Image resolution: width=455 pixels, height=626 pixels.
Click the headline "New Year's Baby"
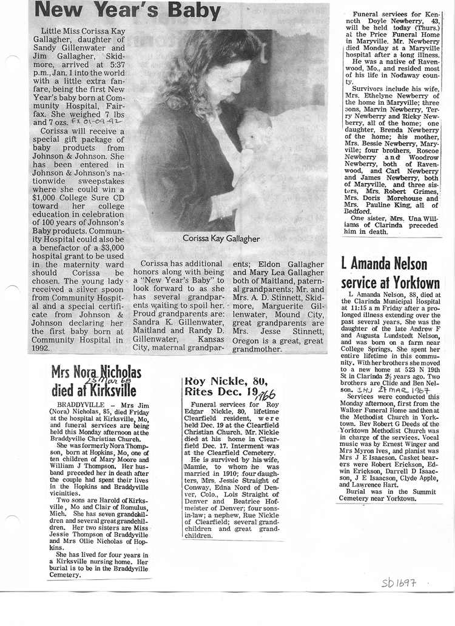coord(128,10)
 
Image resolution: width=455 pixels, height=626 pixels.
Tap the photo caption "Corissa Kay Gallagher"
coord(222,238)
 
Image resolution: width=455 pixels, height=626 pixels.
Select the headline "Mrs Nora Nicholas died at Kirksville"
coord(96,381)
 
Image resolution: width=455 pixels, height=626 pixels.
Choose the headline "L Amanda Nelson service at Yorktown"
coord(390,273)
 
